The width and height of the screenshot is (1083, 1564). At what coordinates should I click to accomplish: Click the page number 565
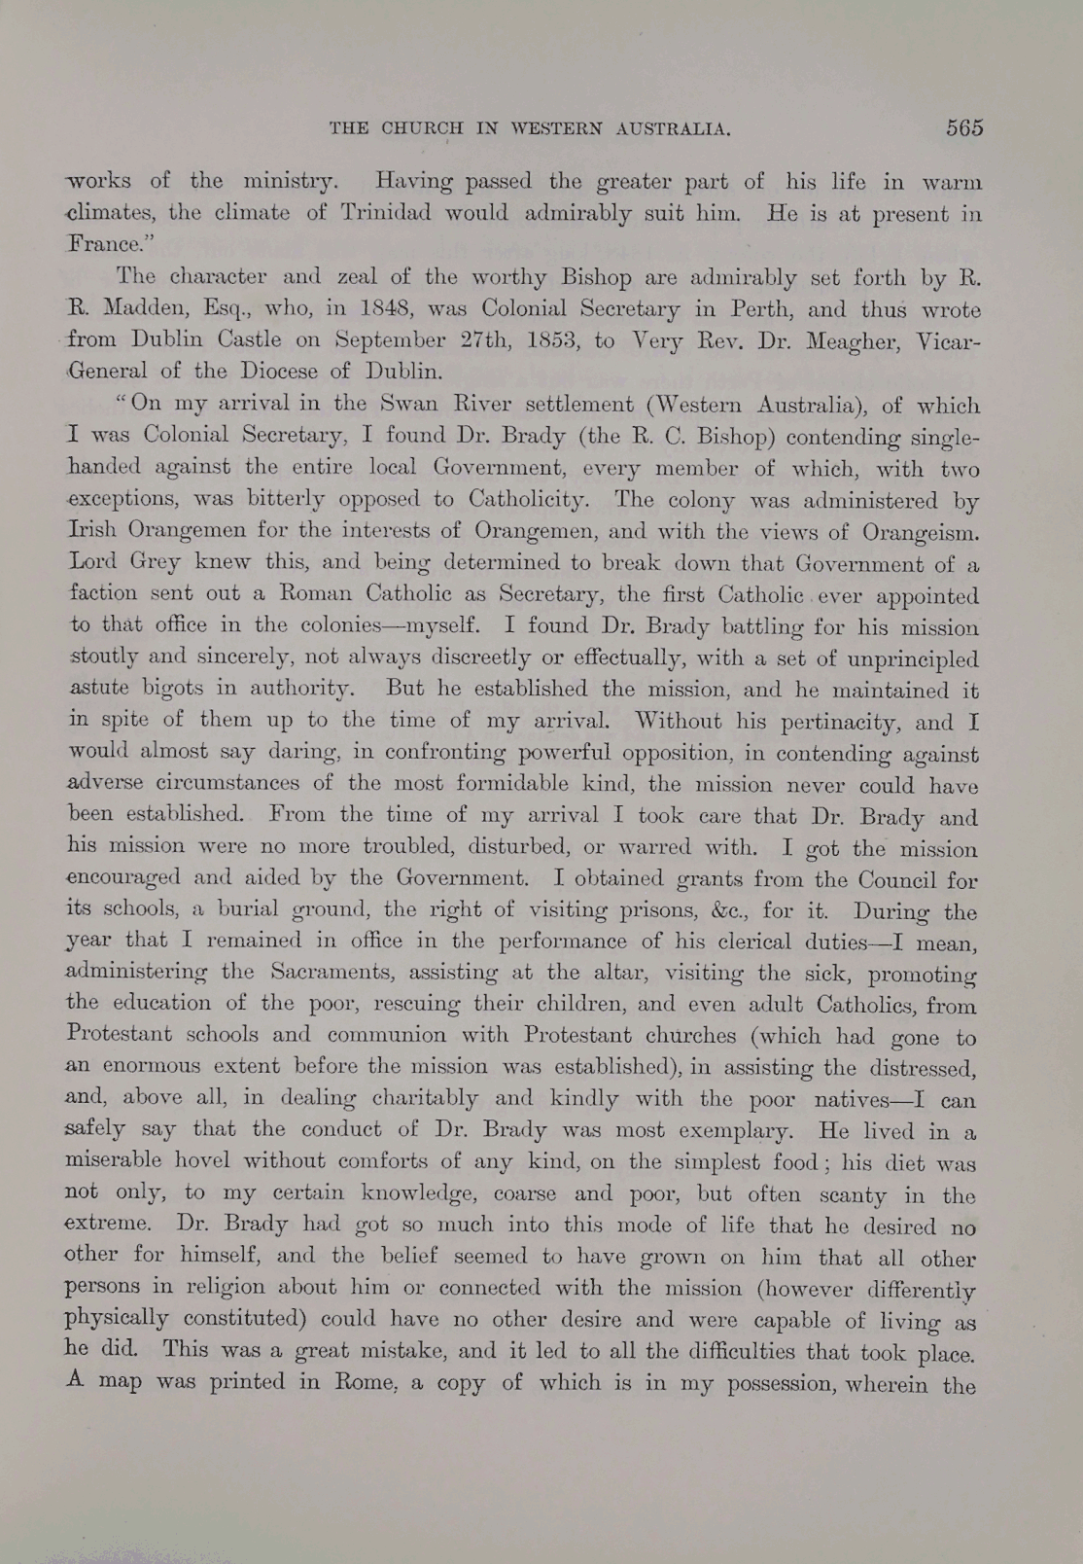963,128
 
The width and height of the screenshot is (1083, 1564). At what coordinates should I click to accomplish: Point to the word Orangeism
921,533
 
